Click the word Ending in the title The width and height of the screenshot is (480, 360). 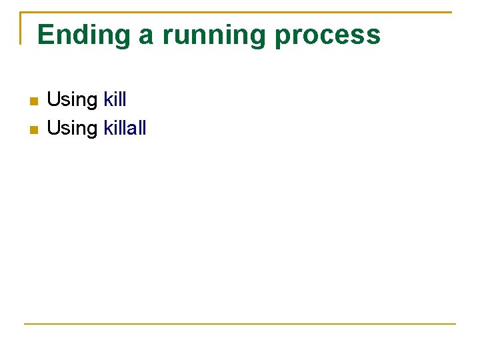pos(85,35)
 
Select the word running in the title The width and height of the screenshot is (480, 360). pos(214,35)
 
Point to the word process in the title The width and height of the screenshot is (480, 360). pos(327,35)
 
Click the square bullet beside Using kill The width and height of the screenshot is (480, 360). pos(33,101)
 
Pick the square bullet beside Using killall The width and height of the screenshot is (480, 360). pos(33,129)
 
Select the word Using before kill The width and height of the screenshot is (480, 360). pos(72,101)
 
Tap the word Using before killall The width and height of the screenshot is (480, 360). pos(72,129)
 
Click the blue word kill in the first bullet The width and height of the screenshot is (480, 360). pos(115,100)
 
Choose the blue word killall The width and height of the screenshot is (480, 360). pos(125,128)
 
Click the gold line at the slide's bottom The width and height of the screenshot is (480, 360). pos(240,324)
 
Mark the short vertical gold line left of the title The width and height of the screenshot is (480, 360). pos(21,28)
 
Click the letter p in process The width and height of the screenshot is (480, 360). pos(283,37)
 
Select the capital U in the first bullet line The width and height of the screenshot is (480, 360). pos(53,100)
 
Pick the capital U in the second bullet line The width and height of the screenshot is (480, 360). pos(53,128)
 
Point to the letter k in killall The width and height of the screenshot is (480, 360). pos(109,128)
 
